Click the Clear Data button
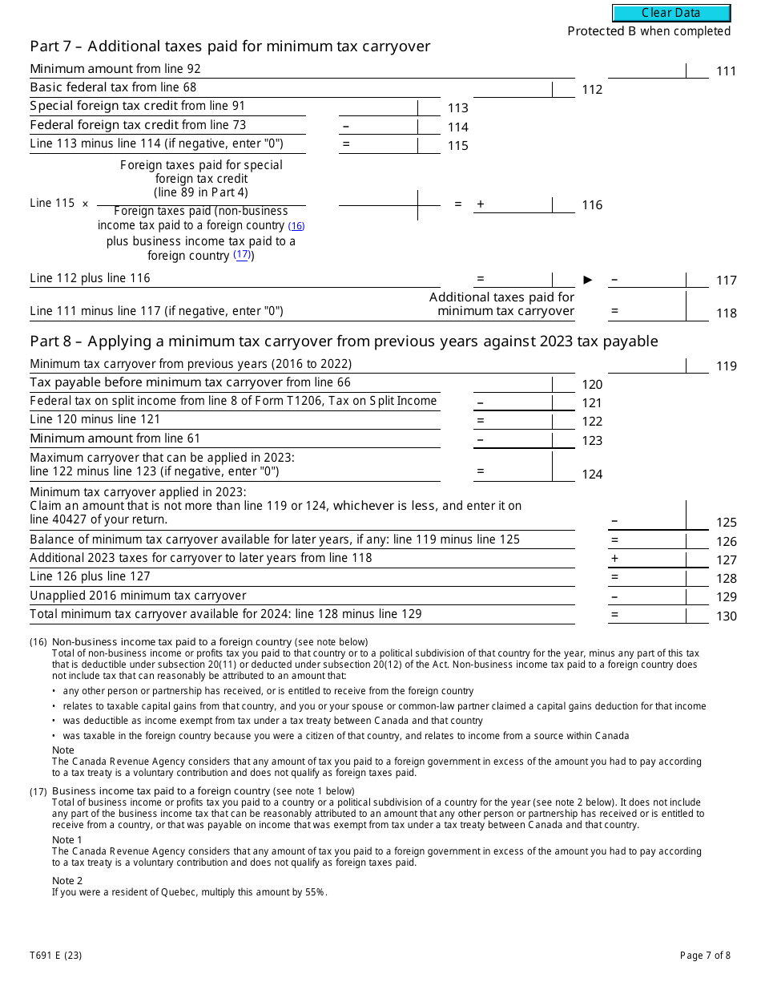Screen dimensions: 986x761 (x=671, y=13)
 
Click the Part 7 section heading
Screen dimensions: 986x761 (x=230, y=46)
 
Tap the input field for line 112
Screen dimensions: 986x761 (x=513, y=88)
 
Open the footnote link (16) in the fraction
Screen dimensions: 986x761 (x=296, y=226)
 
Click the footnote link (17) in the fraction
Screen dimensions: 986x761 (x=242, y=255)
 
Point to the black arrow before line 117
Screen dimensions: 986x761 (x=588, y=280)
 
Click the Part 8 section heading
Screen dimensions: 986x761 (x=344, y=341)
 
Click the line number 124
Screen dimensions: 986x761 (x=592, y=475)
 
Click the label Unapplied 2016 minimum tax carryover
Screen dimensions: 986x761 (x=138, y=596)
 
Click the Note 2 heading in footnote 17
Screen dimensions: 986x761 (x=67, y=880)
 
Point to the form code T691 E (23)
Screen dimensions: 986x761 (x=55, y=955)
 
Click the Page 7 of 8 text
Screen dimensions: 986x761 (x=705, y=955)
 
